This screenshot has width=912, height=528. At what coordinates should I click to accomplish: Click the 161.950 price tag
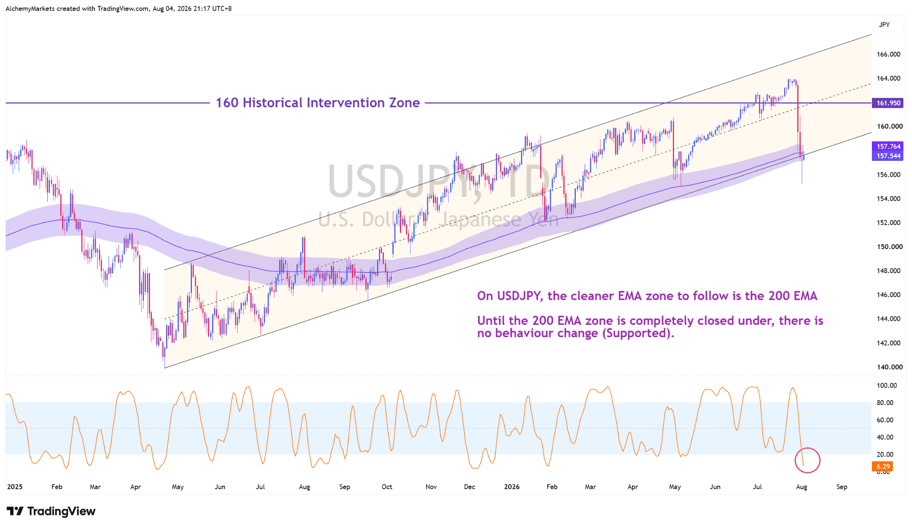pyautogui.click(x=888, y=103)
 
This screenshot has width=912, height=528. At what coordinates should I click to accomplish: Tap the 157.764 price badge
pyautogui.click(x=888, y=146)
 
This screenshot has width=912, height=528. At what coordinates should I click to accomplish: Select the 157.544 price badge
pyautogui.click(x=888, y=156)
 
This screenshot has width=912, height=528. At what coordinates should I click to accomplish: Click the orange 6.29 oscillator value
pyautogui.click(x=883, y=467)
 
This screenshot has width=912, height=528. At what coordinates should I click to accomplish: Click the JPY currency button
pyautogui.click(x=884, y=25)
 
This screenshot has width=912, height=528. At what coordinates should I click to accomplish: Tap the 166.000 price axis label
pyautogui.click(x=888, y=54)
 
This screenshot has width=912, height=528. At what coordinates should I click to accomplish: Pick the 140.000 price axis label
pyautogui.click(x=890, y=367)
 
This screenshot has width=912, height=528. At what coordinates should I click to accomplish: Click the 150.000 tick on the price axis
pyautogui.click(x=890, y=247)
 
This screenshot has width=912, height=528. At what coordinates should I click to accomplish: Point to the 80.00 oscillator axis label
pyautogui.click(x=885, y=403)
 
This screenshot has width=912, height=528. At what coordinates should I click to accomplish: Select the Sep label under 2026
pyautogui.click(x=842, y=487)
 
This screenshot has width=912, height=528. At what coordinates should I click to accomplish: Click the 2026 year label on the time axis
pyautogui.click(x=512, y=487)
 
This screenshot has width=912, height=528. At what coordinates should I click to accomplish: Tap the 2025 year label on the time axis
pyautogui.click(x=15, y=487)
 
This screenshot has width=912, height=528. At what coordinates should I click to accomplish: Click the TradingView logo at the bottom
pyautogui.click(x=51, y=511)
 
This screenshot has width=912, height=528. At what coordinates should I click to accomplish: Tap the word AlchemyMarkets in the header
pyautogui.click(x=30, y=8)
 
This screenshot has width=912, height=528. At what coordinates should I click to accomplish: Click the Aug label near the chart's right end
pyautogui.click(x=802, y=487)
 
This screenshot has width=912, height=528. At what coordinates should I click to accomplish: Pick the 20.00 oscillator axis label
pyautogui.click(x=885, y=454)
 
